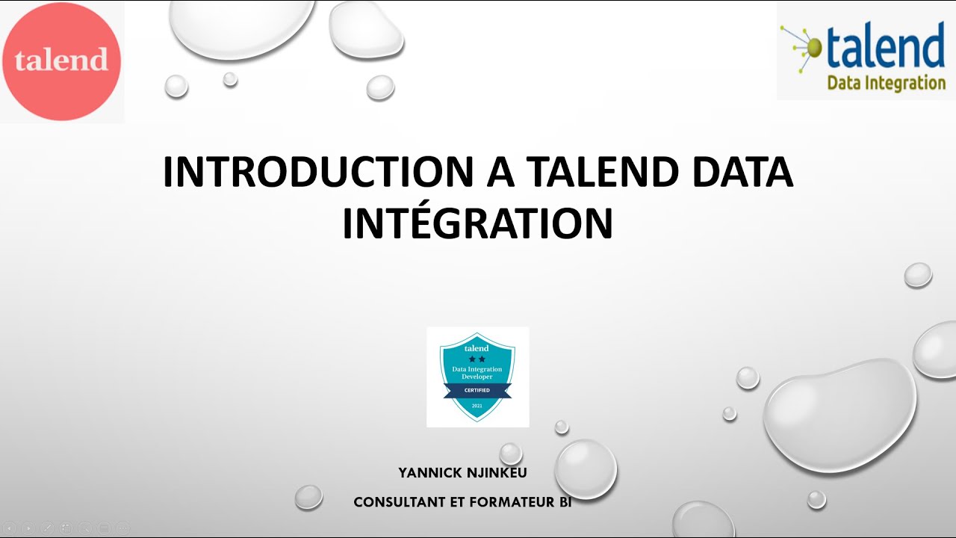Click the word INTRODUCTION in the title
318,173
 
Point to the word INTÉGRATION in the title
477,223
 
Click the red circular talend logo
61,61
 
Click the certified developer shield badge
477,377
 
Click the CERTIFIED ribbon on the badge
477,390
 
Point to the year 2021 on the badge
477,406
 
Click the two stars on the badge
477,359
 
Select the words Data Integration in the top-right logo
886,83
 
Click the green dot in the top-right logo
813,48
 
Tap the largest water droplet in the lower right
840,415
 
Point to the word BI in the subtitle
565,503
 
